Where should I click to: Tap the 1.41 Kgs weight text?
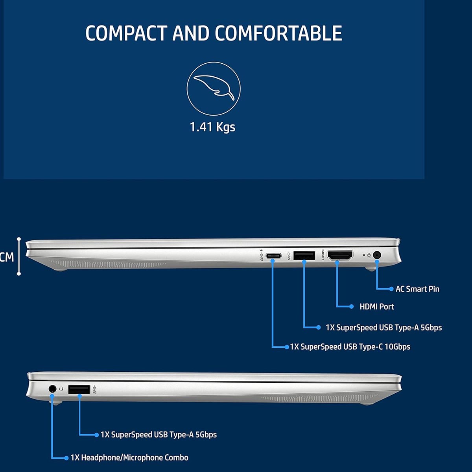pyautogui.click(x=212, y=127)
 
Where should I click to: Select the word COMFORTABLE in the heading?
pyautogui.click(x=278, y=33)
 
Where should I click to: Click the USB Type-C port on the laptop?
pyautogui.click(x=273, y=256)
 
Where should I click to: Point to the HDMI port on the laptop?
pyautogui.click(x=340, y=255)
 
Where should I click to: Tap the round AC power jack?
pyautogui.click(x=377, y=255)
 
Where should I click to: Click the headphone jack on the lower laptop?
pyautogui.click(x=52, y=389)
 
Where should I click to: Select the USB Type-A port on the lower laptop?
pyautogui.click(x=79, y=389)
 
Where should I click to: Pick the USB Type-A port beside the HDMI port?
pyautogui.click(x=304, y=256)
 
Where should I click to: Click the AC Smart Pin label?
pyautogui.click(x=417, y=289)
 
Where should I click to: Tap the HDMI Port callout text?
pyautogui.click(x=376, y=307)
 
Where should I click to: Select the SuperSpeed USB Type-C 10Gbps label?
pyautogui.click(x=350, y=347)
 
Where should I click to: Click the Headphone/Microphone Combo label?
pyautogui.click(x=129, y=458)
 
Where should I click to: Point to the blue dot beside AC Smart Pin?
pyautogui.click(x=391, y=289)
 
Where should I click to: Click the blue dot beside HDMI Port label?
pyautogui.click(x=351, y=307)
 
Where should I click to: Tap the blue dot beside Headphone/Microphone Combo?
pyautogui.click(x=66, y=458)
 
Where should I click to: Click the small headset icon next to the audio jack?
pyautogui.click(x=61, y=389)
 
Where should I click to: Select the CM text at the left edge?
pyautogui.click(x=7, y=257)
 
